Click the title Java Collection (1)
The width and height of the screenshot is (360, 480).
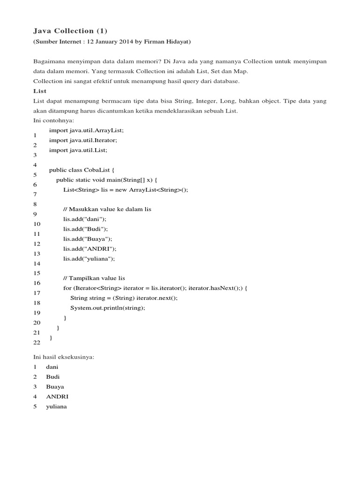(x=70, y=31)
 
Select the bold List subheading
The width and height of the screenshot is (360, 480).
(x=40, y=91)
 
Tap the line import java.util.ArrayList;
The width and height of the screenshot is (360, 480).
(x=86, y=130)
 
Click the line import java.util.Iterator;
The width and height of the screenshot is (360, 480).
(x=83, y=140)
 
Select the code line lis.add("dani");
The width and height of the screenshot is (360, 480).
(x=85, y=219)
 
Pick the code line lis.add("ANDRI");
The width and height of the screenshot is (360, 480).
(x=90, y=248)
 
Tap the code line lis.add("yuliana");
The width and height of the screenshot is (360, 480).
(x=89, y=258)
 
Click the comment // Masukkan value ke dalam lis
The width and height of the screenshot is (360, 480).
(x=107, y=209)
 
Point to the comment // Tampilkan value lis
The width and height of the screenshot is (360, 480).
(x=94, y=278)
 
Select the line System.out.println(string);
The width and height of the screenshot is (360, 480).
(x=108, y=307)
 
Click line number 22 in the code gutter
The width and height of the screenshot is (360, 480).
(x=37, y=343)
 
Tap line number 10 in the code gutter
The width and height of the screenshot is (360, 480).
(x=37, y=224)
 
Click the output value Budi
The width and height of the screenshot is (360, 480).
(x=53, y=376)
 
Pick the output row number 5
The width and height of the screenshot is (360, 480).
(x=35, y=406)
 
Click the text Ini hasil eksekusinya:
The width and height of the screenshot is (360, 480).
(x=64, y=357)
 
